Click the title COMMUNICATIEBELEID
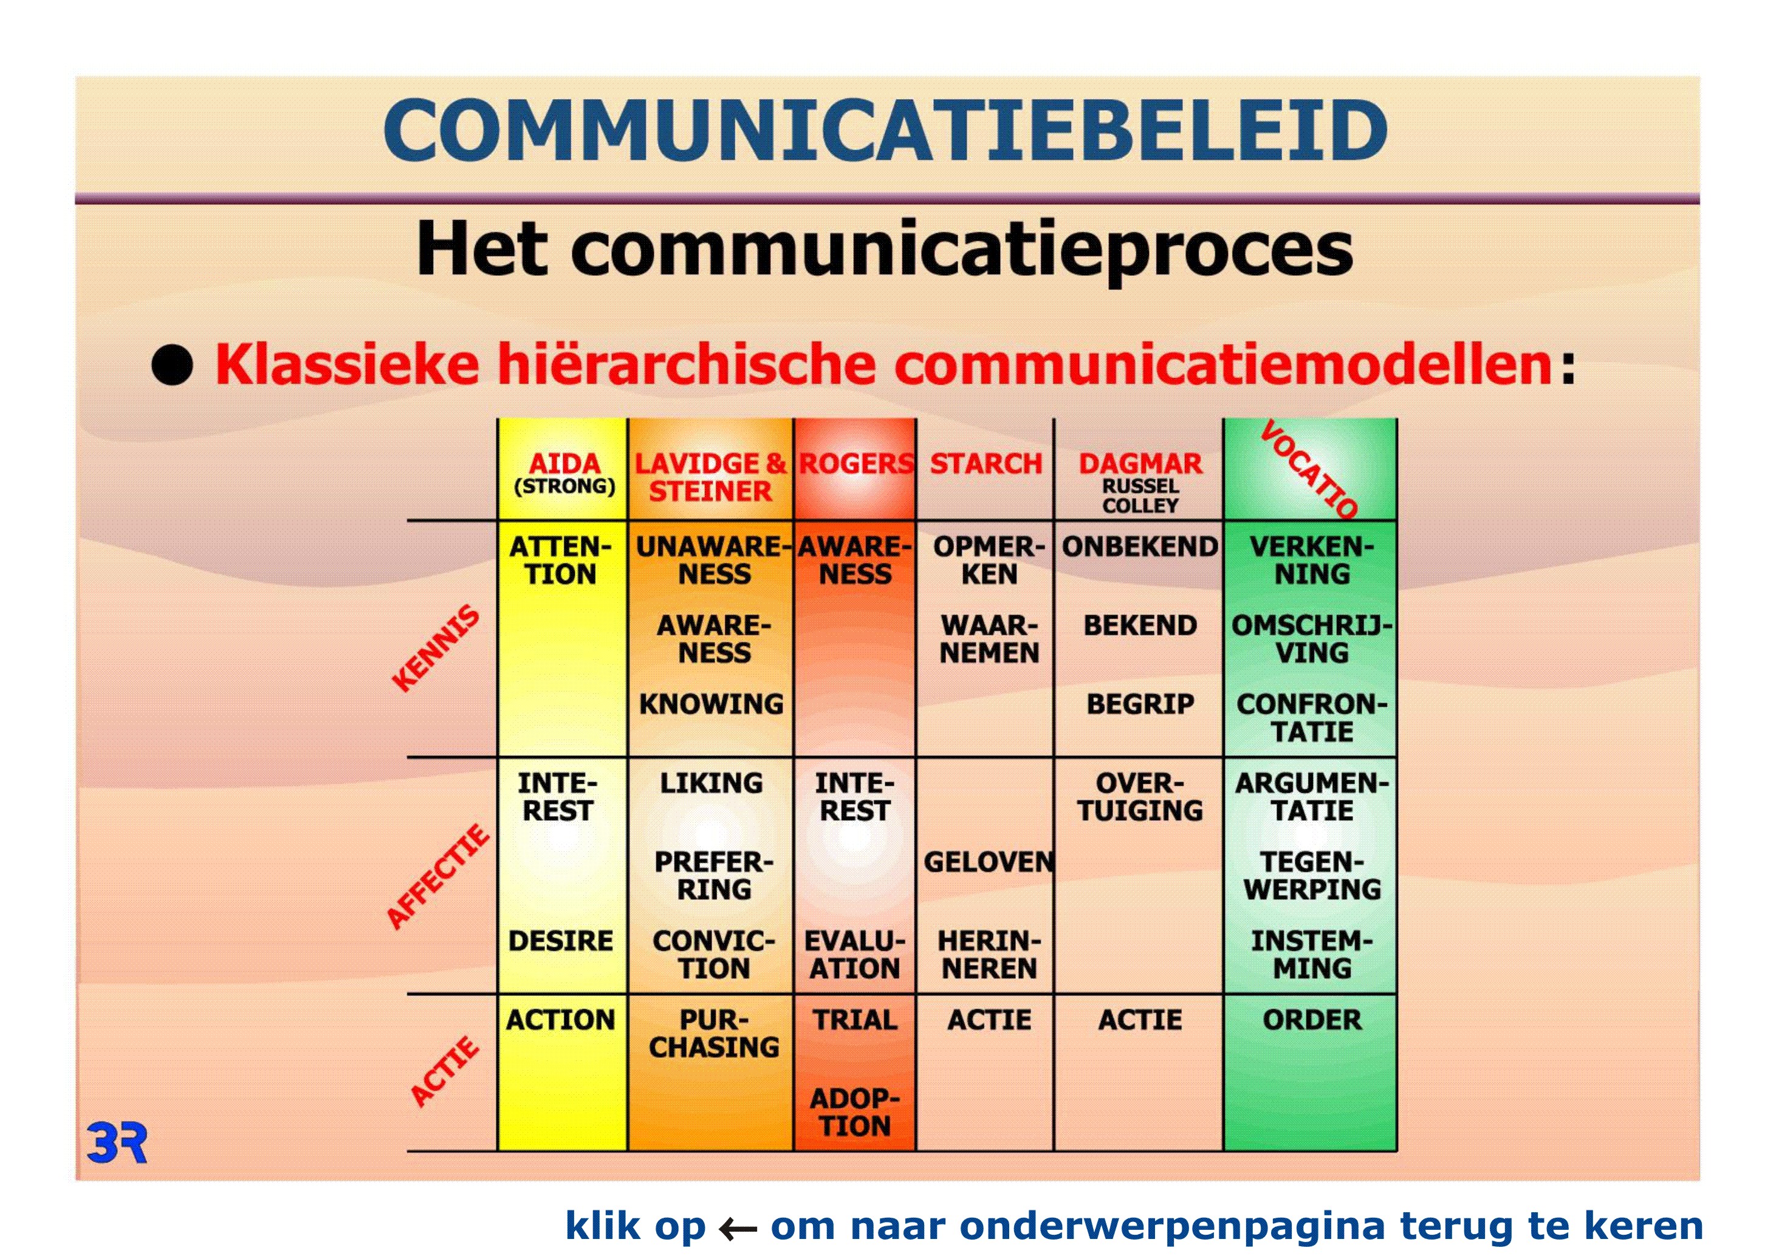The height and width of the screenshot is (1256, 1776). tap(886, 129)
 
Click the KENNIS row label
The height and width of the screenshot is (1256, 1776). tap(436, 648)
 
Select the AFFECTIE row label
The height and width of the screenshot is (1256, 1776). tap(438, 877)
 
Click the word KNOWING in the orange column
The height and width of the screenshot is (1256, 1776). tap(711, 704)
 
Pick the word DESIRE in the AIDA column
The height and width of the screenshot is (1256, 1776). tap(561, 941)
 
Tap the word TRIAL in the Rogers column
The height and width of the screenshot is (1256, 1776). tap(855, 1020)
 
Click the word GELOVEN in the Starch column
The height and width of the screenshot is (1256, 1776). tap(989, 862)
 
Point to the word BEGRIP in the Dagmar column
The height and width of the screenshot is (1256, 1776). tap(1140, 704)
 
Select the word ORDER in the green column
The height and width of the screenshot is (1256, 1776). tap(1312, 1020)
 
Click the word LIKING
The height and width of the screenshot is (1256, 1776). tap(711, 783)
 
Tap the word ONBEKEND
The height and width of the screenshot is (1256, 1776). tap(1140, 546)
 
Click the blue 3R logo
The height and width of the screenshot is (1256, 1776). tap(117, 1144)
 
